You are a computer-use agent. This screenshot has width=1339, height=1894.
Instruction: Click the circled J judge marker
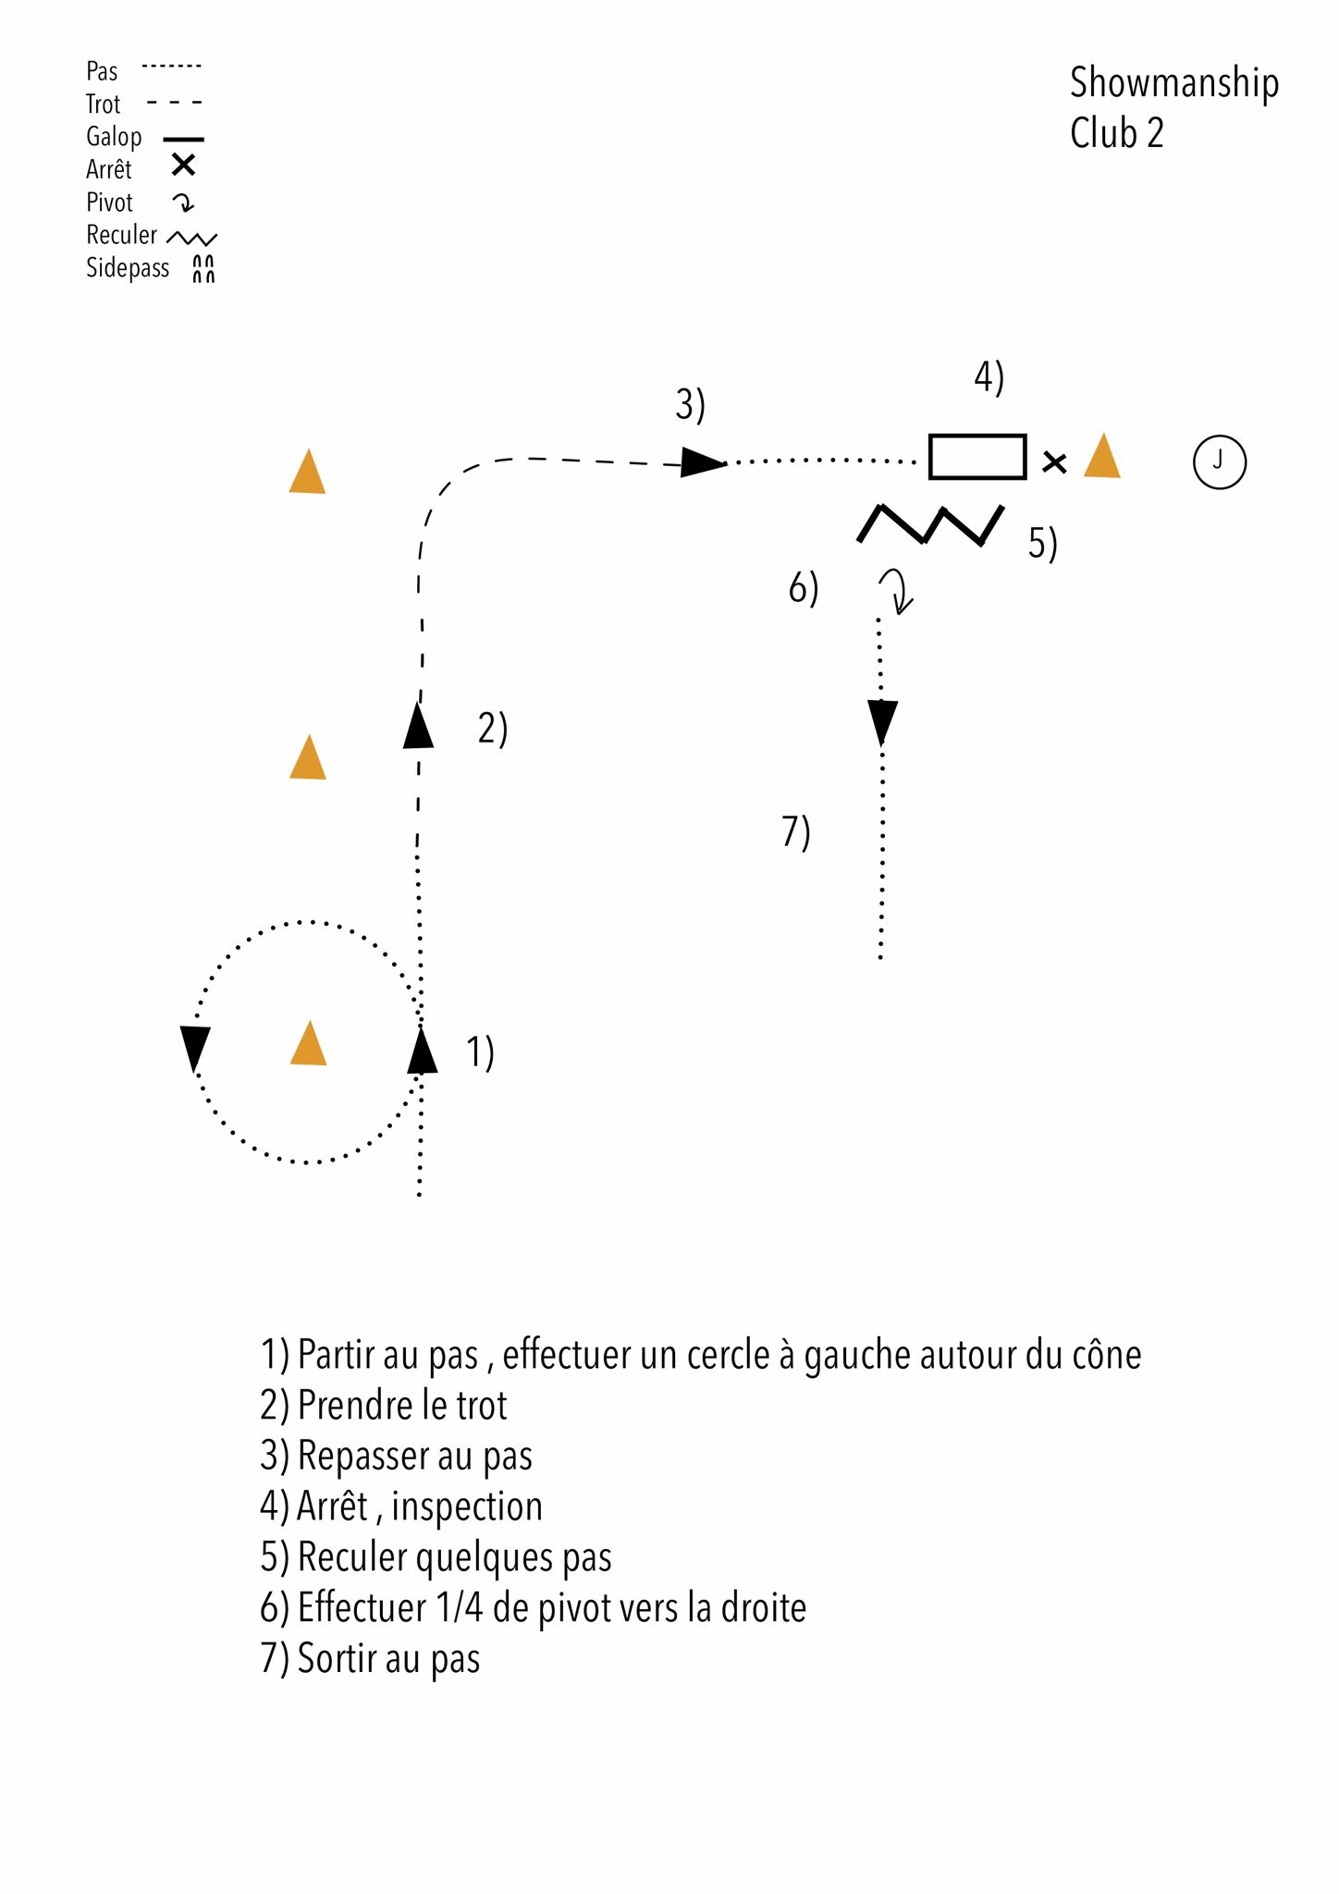[x=1219, y=461]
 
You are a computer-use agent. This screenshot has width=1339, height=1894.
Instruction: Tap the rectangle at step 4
[x=977, y=456]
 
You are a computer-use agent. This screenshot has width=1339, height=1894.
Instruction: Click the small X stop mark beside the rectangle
[x=1054, y=461]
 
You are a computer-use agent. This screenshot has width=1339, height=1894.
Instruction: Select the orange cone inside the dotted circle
[x=308, y=1046]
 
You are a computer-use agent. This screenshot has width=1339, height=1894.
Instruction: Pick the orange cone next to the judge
[x=1102, y=457]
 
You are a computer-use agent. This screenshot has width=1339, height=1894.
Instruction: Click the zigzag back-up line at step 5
[x=930, y=524]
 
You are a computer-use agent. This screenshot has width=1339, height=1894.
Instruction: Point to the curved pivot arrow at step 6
[x=895, y=590]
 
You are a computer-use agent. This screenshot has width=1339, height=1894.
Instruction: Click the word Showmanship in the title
[x=1173, y=83]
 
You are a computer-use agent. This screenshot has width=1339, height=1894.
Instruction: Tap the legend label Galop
[x=114, y=137]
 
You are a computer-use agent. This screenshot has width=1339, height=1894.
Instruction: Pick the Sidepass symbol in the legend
[x=203, y=268]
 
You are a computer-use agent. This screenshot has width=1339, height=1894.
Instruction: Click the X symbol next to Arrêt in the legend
[x=184, y=166]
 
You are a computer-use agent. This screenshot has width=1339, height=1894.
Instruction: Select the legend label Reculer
[x=121, y=235]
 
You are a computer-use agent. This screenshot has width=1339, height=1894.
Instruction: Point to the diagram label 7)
[x=795, y=831]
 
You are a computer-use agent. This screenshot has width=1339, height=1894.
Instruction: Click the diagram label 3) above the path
[x=690, y=405]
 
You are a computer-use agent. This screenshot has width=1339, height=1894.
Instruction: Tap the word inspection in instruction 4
[x=467, y=1507]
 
